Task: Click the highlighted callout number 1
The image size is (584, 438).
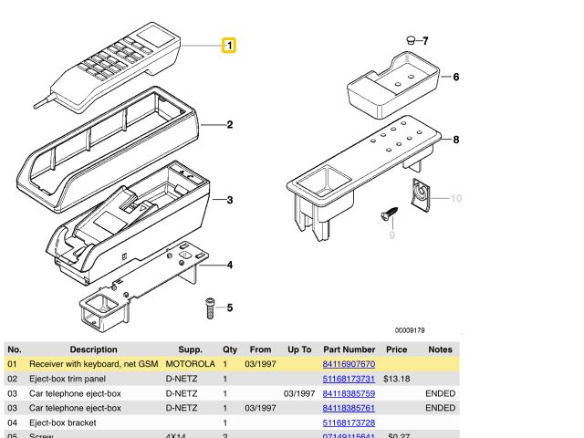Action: point(229,45)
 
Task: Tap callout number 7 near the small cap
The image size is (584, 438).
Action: point(424,41)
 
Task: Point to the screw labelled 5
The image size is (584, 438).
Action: point(210,307)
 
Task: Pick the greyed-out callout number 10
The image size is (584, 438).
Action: point(456,198)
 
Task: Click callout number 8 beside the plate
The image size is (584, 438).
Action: point(456,140)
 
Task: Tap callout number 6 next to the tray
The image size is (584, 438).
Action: point(456,78)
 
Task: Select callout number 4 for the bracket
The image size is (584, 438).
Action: point(230,266)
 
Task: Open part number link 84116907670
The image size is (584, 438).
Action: point(349,364)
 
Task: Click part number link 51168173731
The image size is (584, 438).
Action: point(349,379)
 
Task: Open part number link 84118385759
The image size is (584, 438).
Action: point(349,393)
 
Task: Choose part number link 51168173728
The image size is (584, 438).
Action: point(349,422)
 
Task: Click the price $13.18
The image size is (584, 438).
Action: point(396,379)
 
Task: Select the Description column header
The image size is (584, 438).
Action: point(94,349)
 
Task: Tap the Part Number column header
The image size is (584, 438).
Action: point(349,349)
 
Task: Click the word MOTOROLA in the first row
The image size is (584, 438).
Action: point(190,364)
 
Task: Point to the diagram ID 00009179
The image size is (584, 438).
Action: point(410,330)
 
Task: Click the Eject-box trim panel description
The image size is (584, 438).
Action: point(68,379)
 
